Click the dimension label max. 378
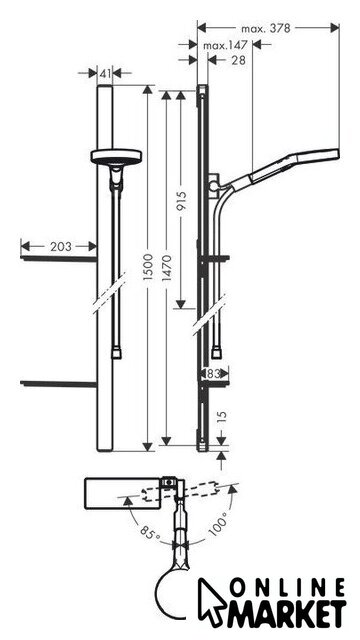pos(266,29)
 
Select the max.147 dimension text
pos(225,45)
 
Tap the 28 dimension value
pos(239,60)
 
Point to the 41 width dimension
pos(105,74)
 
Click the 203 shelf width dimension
pos(61,247)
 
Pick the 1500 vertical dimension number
pos(148,267)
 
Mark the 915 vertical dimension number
pos(182,201)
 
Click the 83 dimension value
pos(214,373)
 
